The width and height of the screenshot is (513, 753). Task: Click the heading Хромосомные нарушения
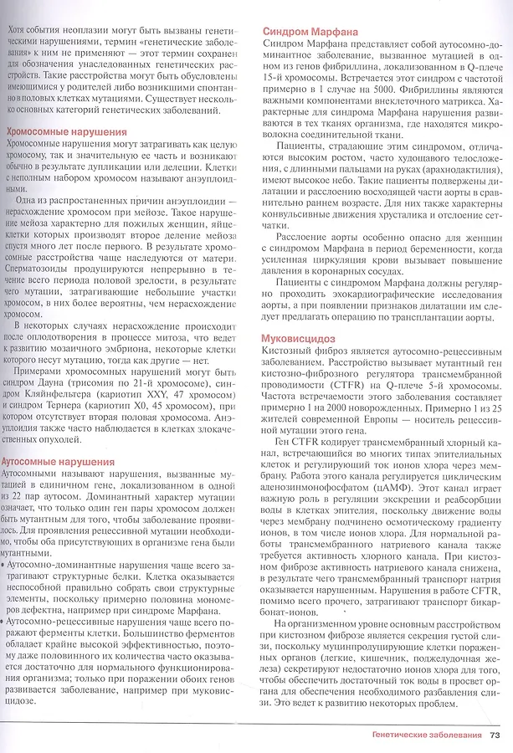click(67, 131)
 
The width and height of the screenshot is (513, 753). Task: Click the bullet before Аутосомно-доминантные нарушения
click(8, 566)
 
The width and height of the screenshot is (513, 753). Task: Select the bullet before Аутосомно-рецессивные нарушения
click(8, 622)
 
